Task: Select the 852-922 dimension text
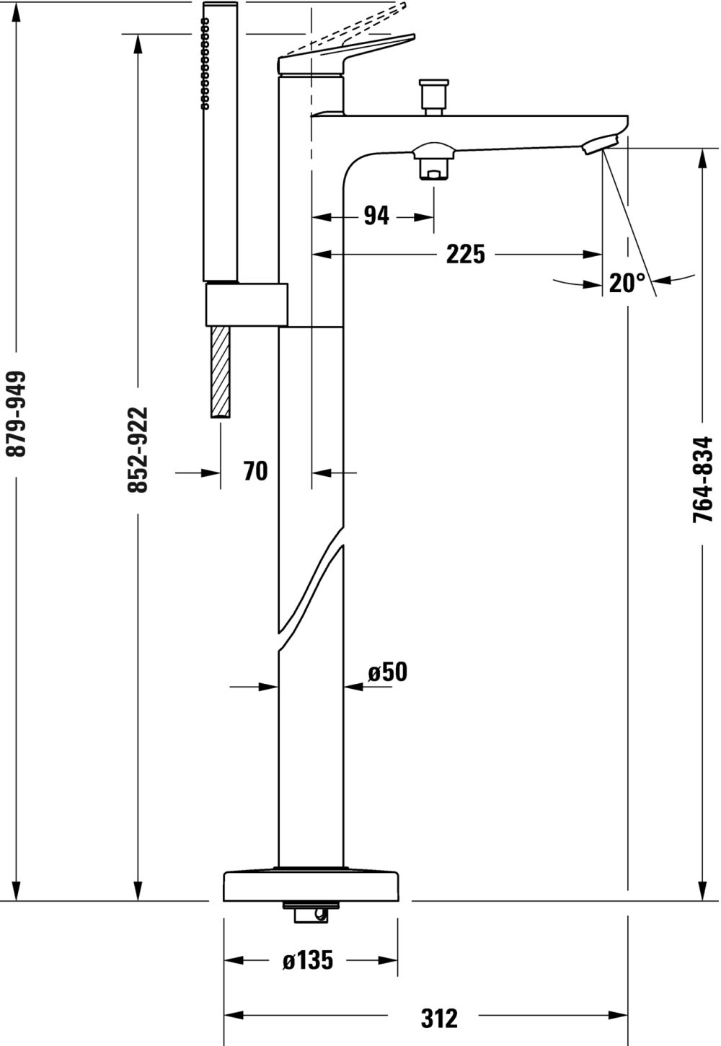click(x=138, y=449)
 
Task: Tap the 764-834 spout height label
click(x=703, y=479)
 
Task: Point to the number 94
click(x=376, y=216)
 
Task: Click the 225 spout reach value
click(x=465, y=254)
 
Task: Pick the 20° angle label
click(x=627, y=283)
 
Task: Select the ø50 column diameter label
click(x=388, y=673)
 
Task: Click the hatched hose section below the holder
click(x=221, y=372)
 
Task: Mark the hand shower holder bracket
click(x=247, y=304)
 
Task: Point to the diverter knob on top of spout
click(x=434, y=97)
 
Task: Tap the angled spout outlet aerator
click(x=601, y=143)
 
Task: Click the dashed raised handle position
click(x=345, y=28)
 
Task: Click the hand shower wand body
click(x=221, y=142)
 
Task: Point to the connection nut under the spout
click(x=434, y=161)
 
